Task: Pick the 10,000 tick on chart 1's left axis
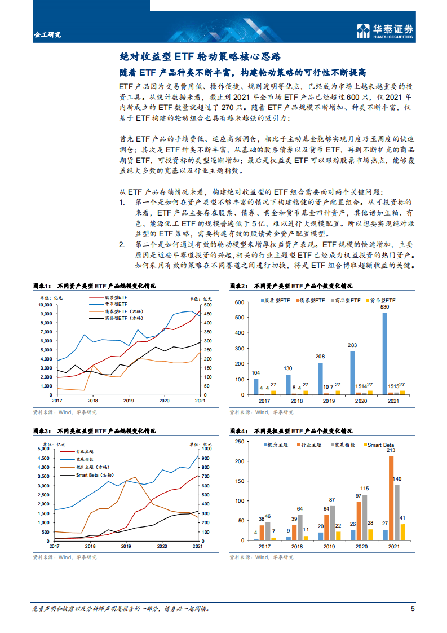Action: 43,305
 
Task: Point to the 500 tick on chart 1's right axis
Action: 207,305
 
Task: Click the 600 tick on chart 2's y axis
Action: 238,303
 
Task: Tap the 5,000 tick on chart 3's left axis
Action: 43,449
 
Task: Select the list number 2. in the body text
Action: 122,244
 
